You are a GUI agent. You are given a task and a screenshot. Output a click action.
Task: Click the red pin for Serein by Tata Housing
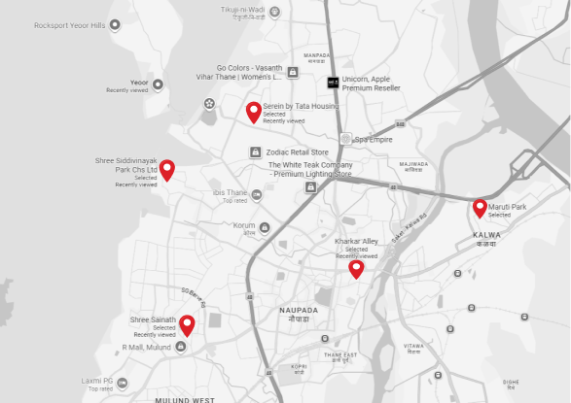254,112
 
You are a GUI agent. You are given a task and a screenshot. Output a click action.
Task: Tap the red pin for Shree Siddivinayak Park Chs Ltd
167,170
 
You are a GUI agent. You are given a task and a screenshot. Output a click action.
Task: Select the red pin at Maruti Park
480,207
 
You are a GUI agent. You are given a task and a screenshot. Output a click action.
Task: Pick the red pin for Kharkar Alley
356,268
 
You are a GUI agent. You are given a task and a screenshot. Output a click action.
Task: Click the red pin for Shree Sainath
186,324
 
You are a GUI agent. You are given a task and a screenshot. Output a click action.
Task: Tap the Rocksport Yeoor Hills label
68,26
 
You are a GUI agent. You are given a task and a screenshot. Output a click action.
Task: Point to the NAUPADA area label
299,309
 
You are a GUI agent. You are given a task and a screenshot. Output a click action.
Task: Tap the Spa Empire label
375,139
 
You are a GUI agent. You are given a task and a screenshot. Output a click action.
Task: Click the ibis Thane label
230,192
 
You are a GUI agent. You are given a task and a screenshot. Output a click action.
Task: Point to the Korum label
243,224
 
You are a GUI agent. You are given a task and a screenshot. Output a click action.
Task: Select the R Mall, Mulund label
146,347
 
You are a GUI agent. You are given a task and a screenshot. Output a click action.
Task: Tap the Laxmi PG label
97,381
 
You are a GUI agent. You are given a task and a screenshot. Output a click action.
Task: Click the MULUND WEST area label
184,399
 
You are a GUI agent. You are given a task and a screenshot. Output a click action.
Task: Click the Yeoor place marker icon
158,84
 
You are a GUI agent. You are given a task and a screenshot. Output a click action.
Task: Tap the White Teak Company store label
309,169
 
